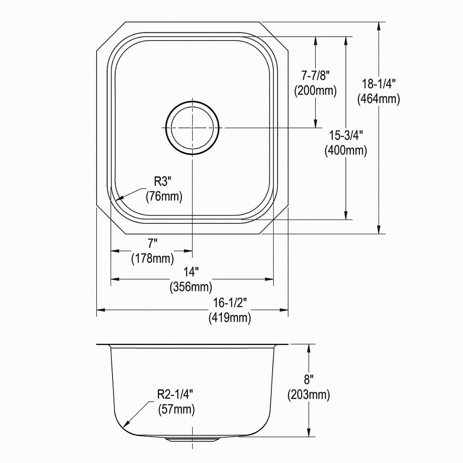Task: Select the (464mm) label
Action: pos(379,99)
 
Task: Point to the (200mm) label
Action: pos(315,90)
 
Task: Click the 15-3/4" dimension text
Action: pos(346,136)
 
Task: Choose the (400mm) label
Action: pos(346,150)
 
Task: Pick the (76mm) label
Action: pos(164,196)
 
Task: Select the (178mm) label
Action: pos(153,257)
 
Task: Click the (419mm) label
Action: pos(230,318)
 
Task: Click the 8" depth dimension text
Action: pos(308,381)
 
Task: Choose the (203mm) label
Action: pos(308,395)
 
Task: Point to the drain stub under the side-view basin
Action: pos(192,438)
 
